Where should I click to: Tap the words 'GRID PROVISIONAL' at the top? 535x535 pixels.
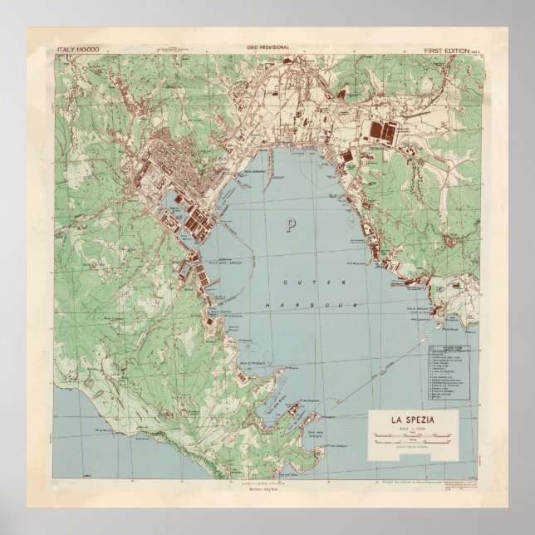tap(267, 48)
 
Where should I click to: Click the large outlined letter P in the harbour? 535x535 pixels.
tap(290, 224)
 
